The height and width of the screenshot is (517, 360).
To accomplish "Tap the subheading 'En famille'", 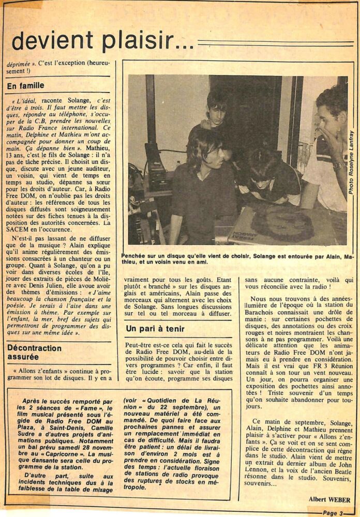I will (26, 86).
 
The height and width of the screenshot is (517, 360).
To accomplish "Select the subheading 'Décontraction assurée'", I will (35, 353).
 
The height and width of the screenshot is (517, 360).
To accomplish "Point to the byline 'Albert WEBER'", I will (329, 499).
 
